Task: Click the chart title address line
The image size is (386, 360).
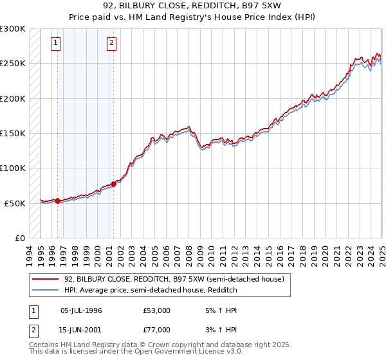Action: pyautogui.click(x=192, y=6)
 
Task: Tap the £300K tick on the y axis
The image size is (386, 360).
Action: pyautogui.click(x=14, y=29)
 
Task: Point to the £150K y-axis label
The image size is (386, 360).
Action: pyautogui.click(x=14, y=134)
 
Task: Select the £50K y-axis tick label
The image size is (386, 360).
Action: pyautogui.click(x=15, y=203)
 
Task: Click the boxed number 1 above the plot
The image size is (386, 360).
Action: pyautogui.click(x=56, y=43)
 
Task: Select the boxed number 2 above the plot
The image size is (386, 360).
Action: pyautogui.click(x=111, y=43)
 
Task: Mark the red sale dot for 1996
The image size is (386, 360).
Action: pyautogui.click(x=58, y=201)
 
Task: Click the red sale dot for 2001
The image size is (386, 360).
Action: pyautogui.click(x=113, y=184)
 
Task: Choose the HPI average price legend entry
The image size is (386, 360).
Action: pyautogui.click(x=151, y=290)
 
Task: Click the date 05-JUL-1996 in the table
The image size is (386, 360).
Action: pyautogui.click(x=81, y=310)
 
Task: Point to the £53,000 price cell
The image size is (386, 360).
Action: pyautogui.click(x=157, y=310)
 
